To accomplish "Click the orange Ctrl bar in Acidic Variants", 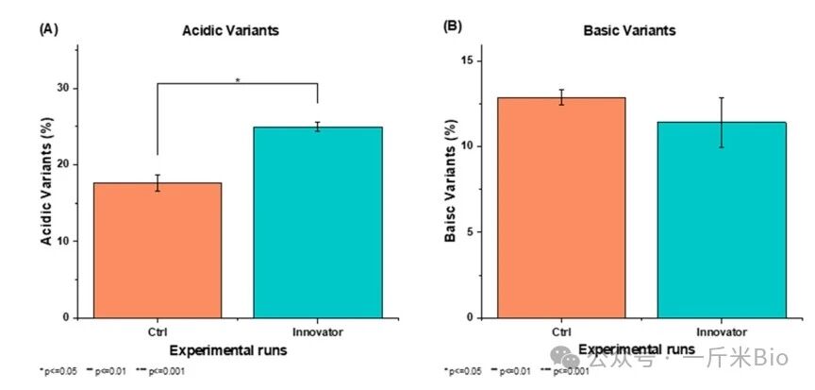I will [157, 250].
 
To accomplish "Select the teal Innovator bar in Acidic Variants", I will [317, 222].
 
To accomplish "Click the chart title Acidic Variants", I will [230, 30].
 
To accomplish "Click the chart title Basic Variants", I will [641, 30].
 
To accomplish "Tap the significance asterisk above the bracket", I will [238, 80].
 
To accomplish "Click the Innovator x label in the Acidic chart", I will [317, 332].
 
